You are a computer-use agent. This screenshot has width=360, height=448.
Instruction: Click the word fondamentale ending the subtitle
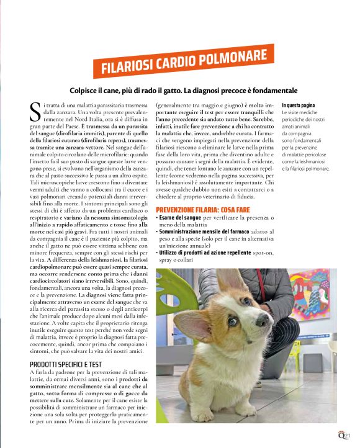(268, 90)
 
